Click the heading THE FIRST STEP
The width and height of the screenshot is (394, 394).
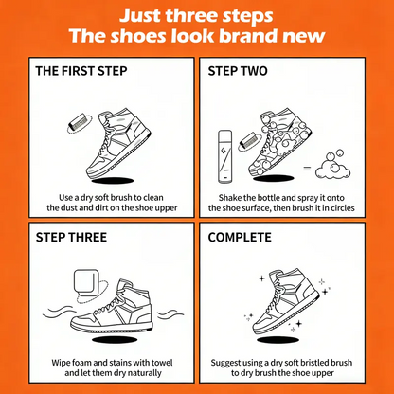point(81,71)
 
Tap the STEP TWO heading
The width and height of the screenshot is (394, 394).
point(238,71)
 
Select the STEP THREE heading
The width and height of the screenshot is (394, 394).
point(71,237)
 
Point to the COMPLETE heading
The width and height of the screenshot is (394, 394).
point(240,237)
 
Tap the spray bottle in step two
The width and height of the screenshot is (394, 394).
point(225,156)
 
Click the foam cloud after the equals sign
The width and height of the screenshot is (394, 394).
point(333,166)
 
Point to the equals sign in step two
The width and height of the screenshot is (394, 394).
point(307,169)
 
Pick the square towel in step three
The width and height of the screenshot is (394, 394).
point(86,281)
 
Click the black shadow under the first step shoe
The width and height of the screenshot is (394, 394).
point(113,181)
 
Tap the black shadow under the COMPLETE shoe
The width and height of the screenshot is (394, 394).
point(278,340)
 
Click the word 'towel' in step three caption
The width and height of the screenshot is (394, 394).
point(162,363)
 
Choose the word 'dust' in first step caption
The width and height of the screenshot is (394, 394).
point(70,207)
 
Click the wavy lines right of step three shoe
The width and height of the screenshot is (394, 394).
point(170,314)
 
